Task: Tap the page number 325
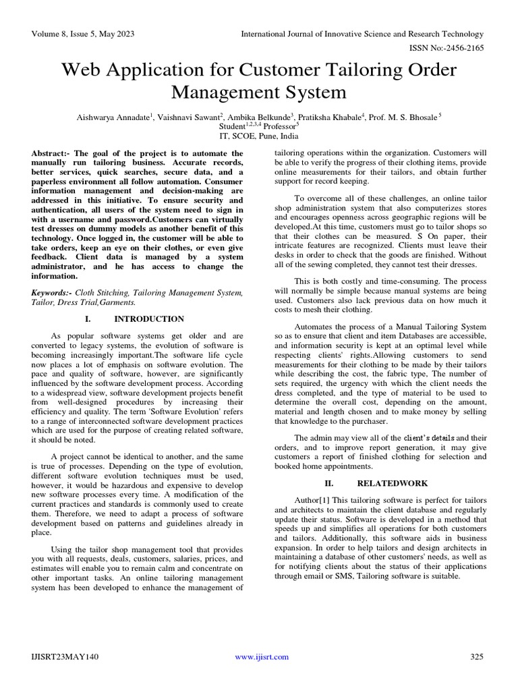(477, 657)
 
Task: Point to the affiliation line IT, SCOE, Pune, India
(259, 135)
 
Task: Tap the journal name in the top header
(364, 34)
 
